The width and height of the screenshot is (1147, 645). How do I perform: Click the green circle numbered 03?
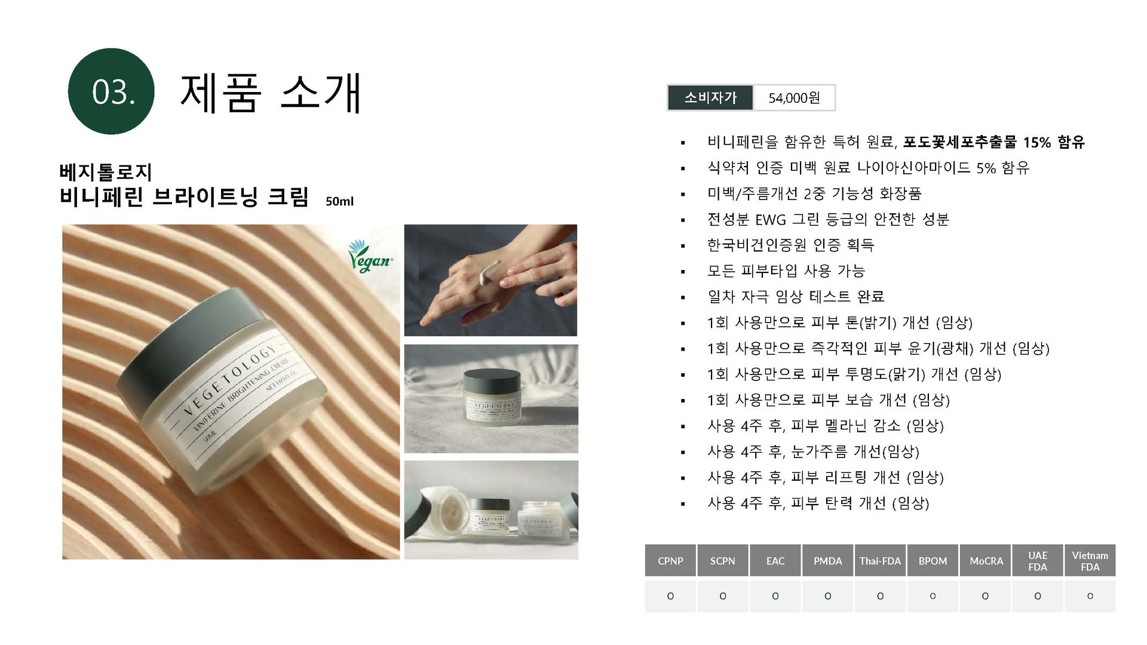(111, 91)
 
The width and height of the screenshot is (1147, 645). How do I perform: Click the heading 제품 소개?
(271, 93)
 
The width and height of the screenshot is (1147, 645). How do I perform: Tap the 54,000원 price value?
(794, 98)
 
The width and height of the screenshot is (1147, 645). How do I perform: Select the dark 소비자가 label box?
(710, 98)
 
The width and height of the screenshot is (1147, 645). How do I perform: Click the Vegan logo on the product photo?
(369, 257)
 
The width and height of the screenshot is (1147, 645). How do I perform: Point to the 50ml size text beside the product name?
(339, 201)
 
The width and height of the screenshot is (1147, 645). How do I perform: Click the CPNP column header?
(670, 561)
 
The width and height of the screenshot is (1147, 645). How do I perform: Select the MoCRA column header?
(986, 561)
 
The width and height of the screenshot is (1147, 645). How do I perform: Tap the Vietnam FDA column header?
(1090, 561)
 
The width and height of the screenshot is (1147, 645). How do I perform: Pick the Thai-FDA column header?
(880, 561)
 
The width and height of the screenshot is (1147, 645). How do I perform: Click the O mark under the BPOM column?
(933, 596)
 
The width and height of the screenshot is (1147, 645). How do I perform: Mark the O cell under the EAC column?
(775, 596)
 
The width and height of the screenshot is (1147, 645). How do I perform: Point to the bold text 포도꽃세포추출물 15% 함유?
(993, 142)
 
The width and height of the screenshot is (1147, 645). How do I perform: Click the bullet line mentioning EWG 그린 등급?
(828, 220)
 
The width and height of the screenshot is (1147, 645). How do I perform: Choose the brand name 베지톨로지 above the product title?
(106, 172)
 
